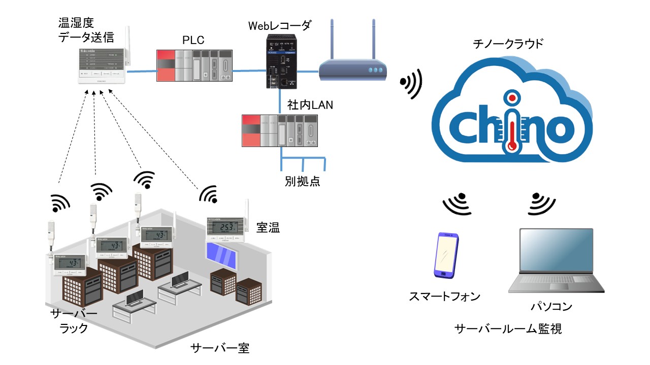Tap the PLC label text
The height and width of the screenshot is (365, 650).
(x=193, y=40)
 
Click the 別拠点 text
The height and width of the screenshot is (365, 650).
(x=302, y=181)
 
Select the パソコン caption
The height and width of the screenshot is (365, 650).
(x=551, y=306)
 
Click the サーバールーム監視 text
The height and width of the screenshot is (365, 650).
(x=508, y=330)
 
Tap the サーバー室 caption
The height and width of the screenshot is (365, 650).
(x=219, y=348)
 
